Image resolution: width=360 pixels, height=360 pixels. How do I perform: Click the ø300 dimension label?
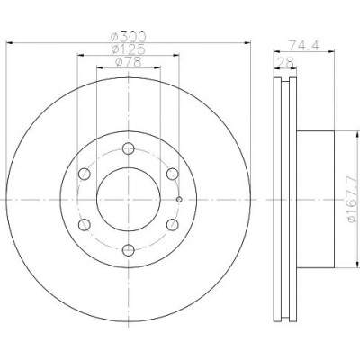pos(129,37)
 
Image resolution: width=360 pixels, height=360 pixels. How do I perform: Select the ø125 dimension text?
pos(129,49)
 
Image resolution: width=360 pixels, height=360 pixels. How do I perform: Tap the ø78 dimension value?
pos(129,62)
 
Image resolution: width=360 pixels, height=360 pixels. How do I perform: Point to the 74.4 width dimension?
pos(304,45)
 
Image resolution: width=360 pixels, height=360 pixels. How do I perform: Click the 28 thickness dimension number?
pos(285,62)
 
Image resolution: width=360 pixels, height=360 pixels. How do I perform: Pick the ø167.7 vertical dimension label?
pos(353,200)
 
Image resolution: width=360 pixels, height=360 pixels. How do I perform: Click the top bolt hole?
pos(129,148)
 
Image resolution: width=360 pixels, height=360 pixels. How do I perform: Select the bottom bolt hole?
pos(129,250)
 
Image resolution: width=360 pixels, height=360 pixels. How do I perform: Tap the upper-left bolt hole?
pos(85,174)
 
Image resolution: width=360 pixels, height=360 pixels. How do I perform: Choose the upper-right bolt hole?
pos(173,174)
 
